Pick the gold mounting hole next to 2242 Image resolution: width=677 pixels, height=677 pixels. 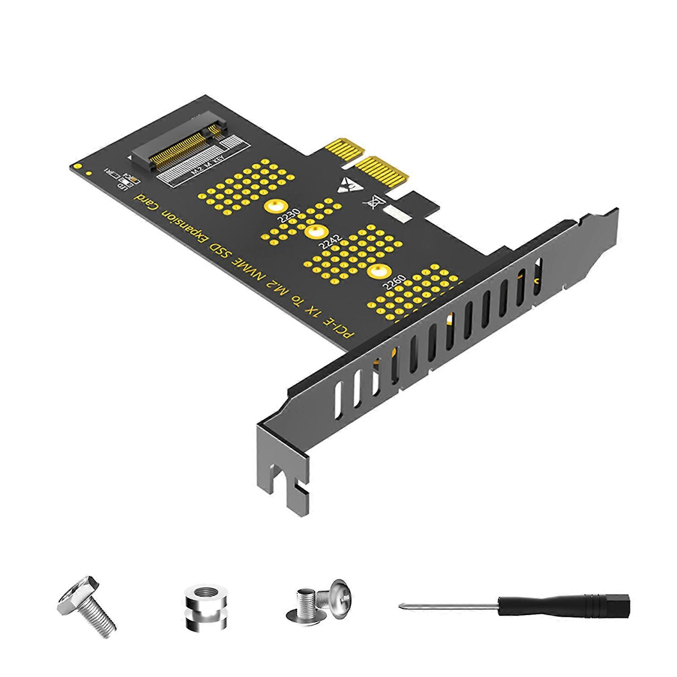pyautogui.click(x=314, y=231)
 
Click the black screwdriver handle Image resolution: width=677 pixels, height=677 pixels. pyautogui.click(x=563, y=605)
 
